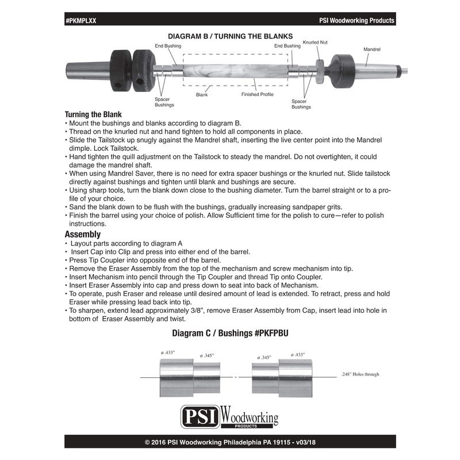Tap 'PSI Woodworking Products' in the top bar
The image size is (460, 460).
click(356, 20)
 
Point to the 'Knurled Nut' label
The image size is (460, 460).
click(315, 43)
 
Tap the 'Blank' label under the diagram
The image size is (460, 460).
click(201, 94)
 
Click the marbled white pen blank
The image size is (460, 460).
click(235, 70)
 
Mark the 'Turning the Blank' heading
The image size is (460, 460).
click(93, 114)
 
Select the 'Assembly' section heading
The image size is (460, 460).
click(83, 234)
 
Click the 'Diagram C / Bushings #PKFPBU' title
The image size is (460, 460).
click(230, 333)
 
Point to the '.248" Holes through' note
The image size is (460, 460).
click(360, 374)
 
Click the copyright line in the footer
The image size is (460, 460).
click(230, 443)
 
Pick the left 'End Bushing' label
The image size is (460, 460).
click(168, 45)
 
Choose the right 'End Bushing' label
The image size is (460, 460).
click(287, 45)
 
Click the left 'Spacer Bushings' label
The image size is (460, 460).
click(164, 102)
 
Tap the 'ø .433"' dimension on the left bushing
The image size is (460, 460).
click(168, 352)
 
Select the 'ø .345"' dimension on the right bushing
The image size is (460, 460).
click(264, 357)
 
